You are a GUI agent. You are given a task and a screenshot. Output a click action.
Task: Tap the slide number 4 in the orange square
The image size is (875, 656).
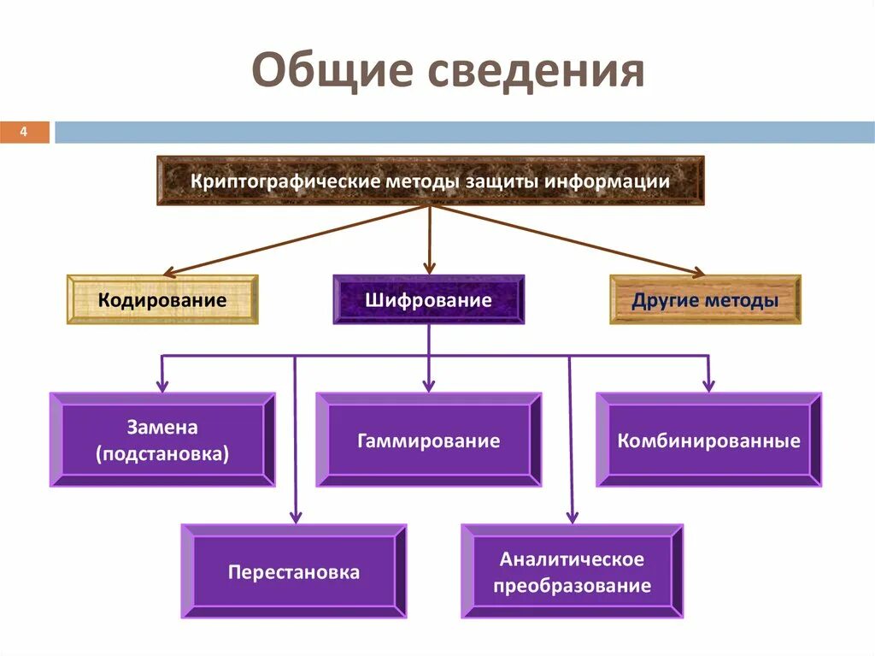click(x=24, y=132)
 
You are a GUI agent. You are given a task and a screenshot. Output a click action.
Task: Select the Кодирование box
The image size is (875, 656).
click(x=162, y=300)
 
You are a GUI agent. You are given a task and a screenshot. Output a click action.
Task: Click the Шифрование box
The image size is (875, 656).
click(x=429, y=300)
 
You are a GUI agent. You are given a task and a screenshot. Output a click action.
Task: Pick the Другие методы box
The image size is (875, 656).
click(x=705, y=300)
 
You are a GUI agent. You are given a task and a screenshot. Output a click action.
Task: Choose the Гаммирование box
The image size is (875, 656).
click(x=429, y=441)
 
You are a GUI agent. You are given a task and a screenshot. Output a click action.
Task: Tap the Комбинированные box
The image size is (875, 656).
click(x=708, y=441)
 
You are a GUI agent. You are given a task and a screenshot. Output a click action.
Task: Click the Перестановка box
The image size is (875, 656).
click(x=294, y=572)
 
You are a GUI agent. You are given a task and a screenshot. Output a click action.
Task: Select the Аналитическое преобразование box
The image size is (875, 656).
click(x=573, y=572)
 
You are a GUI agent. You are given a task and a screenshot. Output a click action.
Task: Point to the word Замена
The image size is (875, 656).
click(x=162, y=428)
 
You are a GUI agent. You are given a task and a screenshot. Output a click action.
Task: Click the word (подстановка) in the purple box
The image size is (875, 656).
click(x=162, y=454)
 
